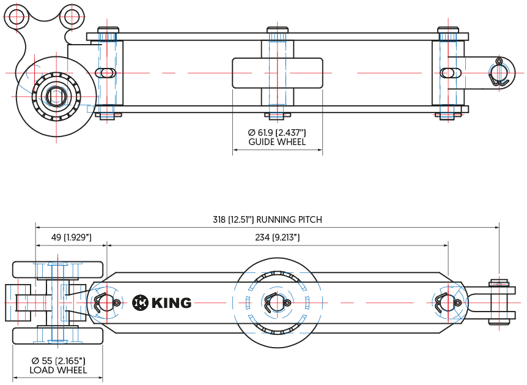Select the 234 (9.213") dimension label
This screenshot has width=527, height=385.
(x=277, y=237)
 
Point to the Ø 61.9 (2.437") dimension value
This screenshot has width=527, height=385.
(x=277, y=133)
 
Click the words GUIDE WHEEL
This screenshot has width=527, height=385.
(x=277, y=142)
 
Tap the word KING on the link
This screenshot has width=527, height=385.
(x=171, y=302)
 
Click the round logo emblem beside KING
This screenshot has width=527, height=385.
(x=140, y=302)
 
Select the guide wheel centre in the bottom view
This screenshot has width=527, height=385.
(x=277, y=302)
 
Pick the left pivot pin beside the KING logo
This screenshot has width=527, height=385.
(x=103, y=302)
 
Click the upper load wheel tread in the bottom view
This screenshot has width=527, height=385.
(x=58, y=270)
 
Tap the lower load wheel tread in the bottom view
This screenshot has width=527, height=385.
(x=58, y=335)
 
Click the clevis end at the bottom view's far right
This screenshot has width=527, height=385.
(x=501, y=303)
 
